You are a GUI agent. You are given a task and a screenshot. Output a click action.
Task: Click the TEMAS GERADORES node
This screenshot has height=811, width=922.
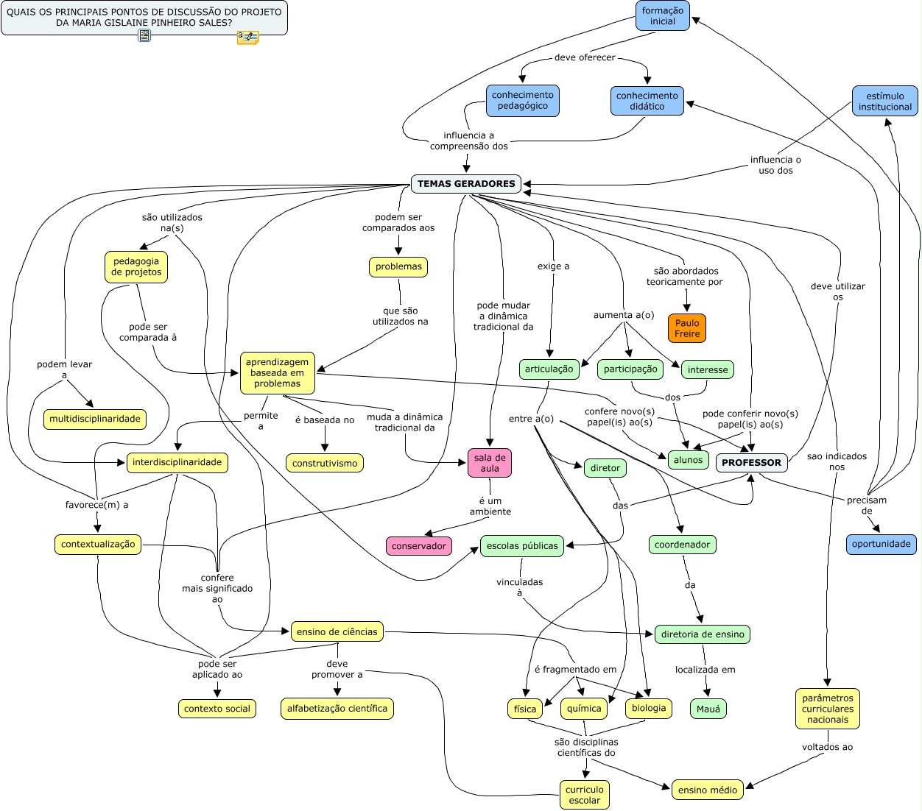(x=466, y=184)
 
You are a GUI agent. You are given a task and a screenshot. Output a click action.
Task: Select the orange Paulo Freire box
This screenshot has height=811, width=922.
(x=687, y=328)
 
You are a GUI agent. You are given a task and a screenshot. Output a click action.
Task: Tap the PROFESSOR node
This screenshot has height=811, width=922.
(x=751, y=463)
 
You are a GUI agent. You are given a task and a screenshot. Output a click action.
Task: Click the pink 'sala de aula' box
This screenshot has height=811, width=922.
(x=490, y=463)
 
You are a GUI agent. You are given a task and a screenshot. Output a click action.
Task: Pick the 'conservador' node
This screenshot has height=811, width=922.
(x=419, y=546)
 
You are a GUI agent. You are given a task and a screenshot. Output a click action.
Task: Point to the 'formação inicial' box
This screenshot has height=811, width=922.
(x=663, y=16)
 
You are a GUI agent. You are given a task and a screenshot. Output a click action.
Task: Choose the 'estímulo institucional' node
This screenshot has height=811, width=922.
(x=884, y=102)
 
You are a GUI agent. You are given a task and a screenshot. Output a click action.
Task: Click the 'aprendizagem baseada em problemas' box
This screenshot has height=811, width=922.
(x=278, y=373)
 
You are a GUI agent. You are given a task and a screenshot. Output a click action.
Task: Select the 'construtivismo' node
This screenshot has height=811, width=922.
(x=325, y=464)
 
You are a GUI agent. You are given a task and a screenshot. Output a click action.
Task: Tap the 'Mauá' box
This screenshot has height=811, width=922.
(x=708, y=709)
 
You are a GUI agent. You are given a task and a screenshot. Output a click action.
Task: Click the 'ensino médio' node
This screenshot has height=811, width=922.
(x=708, y=790)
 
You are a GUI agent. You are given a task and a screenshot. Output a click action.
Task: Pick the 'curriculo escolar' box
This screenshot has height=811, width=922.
(x=585, y=795)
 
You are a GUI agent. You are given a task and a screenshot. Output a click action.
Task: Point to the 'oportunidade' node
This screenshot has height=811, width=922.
(x=881, y=545)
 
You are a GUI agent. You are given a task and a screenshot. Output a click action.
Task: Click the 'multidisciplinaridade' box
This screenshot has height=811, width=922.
(x=95, y=419)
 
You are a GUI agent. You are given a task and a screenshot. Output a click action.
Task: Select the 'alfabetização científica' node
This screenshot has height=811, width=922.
(x=337, y=709)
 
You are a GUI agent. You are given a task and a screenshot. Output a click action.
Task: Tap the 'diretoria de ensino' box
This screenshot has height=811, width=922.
(x=703, y=634)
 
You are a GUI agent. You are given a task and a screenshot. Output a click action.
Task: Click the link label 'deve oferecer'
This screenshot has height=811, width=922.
(x=585, y=57)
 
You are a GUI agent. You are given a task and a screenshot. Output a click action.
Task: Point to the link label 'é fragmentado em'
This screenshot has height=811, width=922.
(x=576, y=670)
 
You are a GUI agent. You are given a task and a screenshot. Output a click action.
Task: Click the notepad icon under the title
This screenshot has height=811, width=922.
(x=144, y=35)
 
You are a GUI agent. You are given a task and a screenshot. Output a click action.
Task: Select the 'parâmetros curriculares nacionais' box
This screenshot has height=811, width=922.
(x=828, y=709)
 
